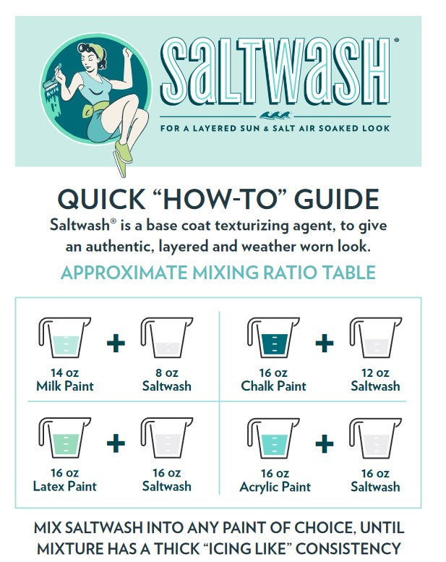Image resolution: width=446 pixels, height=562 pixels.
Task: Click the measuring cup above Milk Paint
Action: pos(64,337)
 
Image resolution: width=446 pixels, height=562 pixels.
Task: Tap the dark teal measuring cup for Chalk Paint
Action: pos(273,337)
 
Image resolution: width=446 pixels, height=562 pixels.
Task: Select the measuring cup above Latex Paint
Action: pos(64,438)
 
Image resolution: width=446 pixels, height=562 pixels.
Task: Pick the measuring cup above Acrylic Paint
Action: pos(273,438)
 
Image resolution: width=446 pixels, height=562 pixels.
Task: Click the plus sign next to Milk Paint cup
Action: pos(116,344)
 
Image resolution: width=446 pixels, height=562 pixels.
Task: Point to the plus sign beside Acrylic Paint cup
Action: pos(325,443)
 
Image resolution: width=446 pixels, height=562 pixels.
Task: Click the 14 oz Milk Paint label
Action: pos(65,380)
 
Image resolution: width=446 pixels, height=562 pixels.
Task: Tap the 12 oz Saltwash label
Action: pos(375,380)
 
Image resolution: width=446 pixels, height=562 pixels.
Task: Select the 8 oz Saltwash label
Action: pos(166,380)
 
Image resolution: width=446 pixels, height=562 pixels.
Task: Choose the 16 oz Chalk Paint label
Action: pos(274,380)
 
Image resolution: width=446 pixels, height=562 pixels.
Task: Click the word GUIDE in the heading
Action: pos(337,200)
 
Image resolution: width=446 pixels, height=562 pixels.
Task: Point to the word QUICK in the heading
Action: pos(101,200)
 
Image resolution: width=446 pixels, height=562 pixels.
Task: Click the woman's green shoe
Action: pos(123,151)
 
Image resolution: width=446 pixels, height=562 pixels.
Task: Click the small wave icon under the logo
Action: pos(275,115)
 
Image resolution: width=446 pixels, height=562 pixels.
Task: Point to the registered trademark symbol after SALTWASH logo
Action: pos(397,41)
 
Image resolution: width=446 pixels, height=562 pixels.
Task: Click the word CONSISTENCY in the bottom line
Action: pos(348,549)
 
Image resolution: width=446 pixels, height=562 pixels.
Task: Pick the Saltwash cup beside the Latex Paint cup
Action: pos(167,438)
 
